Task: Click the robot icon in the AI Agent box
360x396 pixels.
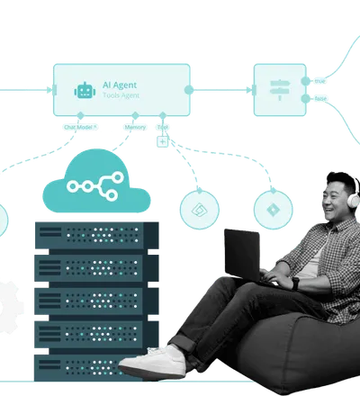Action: pyautogui.click(x=85, y=90)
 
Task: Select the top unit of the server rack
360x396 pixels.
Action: pyautogui.click(x=91, y=235)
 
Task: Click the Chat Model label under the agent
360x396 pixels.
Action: pyautogui.click(x=80, y=127)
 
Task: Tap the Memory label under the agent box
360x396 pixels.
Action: pyautogui.click(x=134, y=127)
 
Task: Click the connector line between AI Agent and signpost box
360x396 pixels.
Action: pyautogui.click(x=221, y=89)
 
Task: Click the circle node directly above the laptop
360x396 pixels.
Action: pyautogui.click(x=200, y=209)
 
